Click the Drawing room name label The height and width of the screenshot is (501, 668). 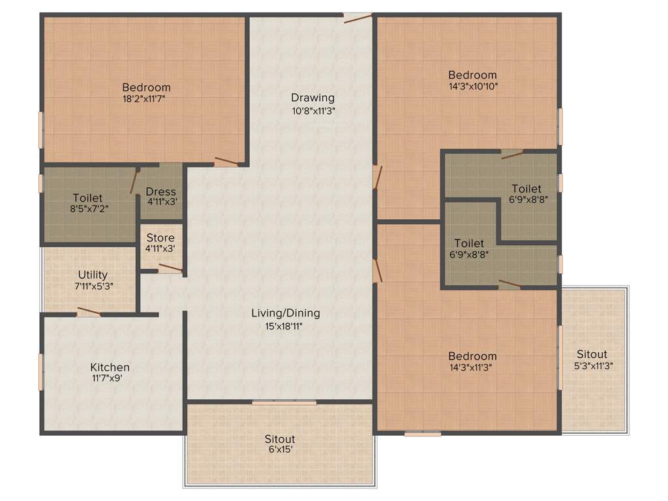click(x=312, y=98)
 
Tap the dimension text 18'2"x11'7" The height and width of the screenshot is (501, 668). click(x=146, y=99)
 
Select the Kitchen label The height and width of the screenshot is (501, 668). click(x=110, y=367)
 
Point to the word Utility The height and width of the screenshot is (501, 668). click(x=93, y=275)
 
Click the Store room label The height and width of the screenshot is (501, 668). click(x=160, y=237)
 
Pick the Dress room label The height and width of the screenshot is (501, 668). click(x=160, y=191)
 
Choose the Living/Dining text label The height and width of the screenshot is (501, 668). click(x=286, y=313)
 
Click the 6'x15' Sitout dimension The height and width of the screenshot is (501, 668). click(x=280, y=449)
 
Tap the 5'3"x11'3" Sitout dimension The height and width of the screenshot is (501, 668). click(x=594, y=366)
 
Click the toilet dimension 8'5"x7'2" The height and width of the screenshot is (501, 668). click(x=87, y=209)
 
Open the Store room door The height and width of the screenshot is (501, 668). click(x=170, y=268)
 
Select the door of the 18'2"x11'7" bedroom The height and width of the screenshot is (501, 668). click(x=226, y=161)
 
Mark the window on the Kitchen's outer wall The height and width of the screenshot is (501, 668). click(x=41, y=371)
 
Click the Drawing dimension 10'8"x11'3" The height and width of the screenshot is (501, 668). click(x=313, y=110)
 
